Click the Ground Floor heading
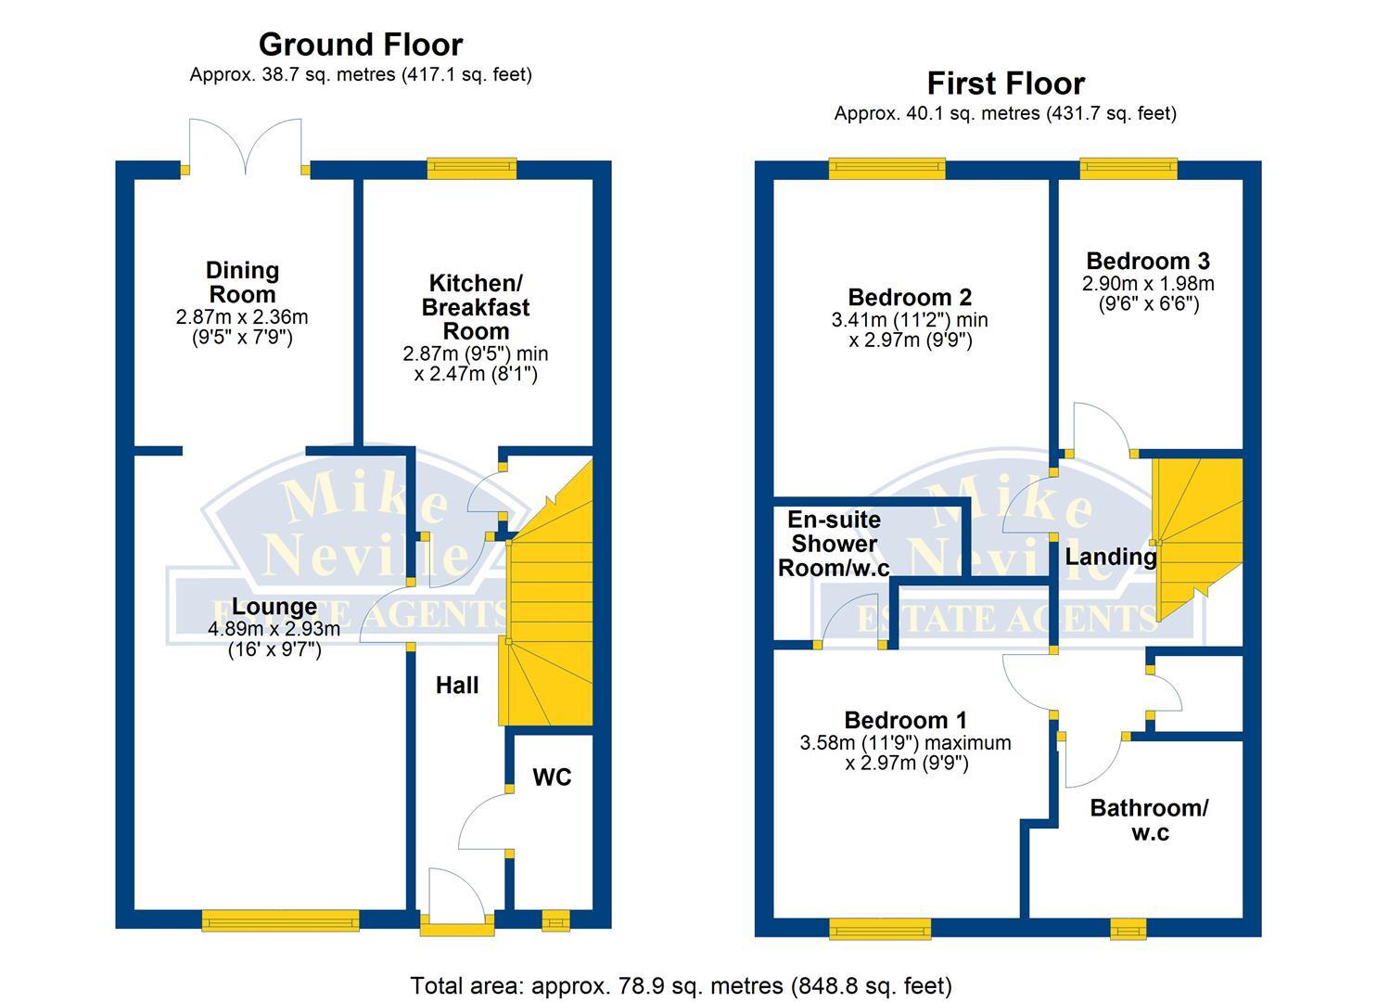360,45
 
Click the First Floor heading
1005,83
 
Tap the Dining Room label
242,282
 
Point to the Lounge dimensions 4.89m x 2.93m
274,629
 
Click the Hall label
457,686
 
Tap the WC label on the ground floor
552,777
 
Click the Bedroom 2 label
910,297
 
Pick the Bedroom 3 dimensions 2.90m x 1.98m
1148,284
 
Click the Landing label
1110,557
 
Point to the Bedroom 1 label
905,720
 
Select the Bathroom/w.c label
1149,820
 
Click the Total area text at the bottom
681,985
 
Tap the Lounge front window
281,920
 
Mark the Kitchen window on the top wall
472,168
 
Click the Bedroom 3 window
1128,168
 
